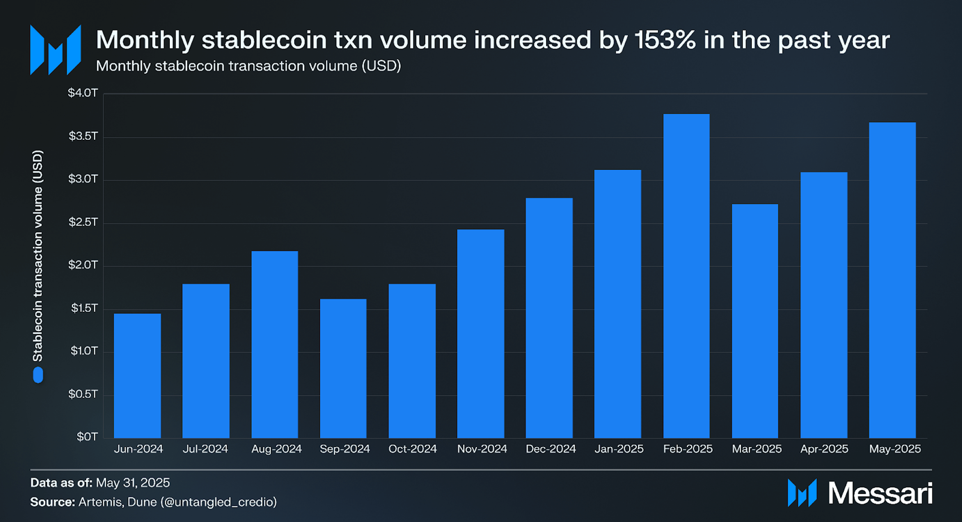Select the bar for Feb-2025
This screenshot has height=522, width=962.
[x=686, y=276]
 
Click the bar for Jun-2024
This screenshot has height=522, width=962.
[x=137, y=376]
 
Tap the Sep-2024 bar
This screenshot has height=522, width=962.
[x=343, y=368]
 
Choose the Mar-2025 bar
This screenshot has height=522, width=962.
[x=755, y=321]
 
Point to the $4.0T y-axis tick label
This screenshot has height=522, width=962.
[x=83, y=93]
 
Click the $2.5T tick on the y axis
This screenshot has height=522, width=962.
[x=83, y=222]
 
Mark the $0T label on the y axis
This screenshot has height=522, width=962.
[x=87, y=437]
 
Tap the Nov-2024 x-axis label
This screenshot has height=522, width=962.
[x=482, y=449]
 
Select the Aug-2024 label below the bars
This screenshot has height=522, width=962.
[x=276, y=449]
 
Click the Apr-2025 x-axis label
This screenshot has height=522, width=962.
[x=824, y=449]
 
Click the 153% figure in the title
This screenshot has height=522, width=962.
[x=665, y=40]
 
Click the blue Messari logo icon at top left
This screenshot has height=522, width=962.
[x=56, y=50]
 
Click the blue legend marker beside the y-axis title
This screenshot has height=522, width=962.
[x=38, y=375]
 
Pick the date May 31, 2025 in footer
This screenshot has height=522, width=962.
[x=133, y=483]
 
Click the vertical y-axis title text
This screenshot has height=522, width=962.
[x=38, y=256]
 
